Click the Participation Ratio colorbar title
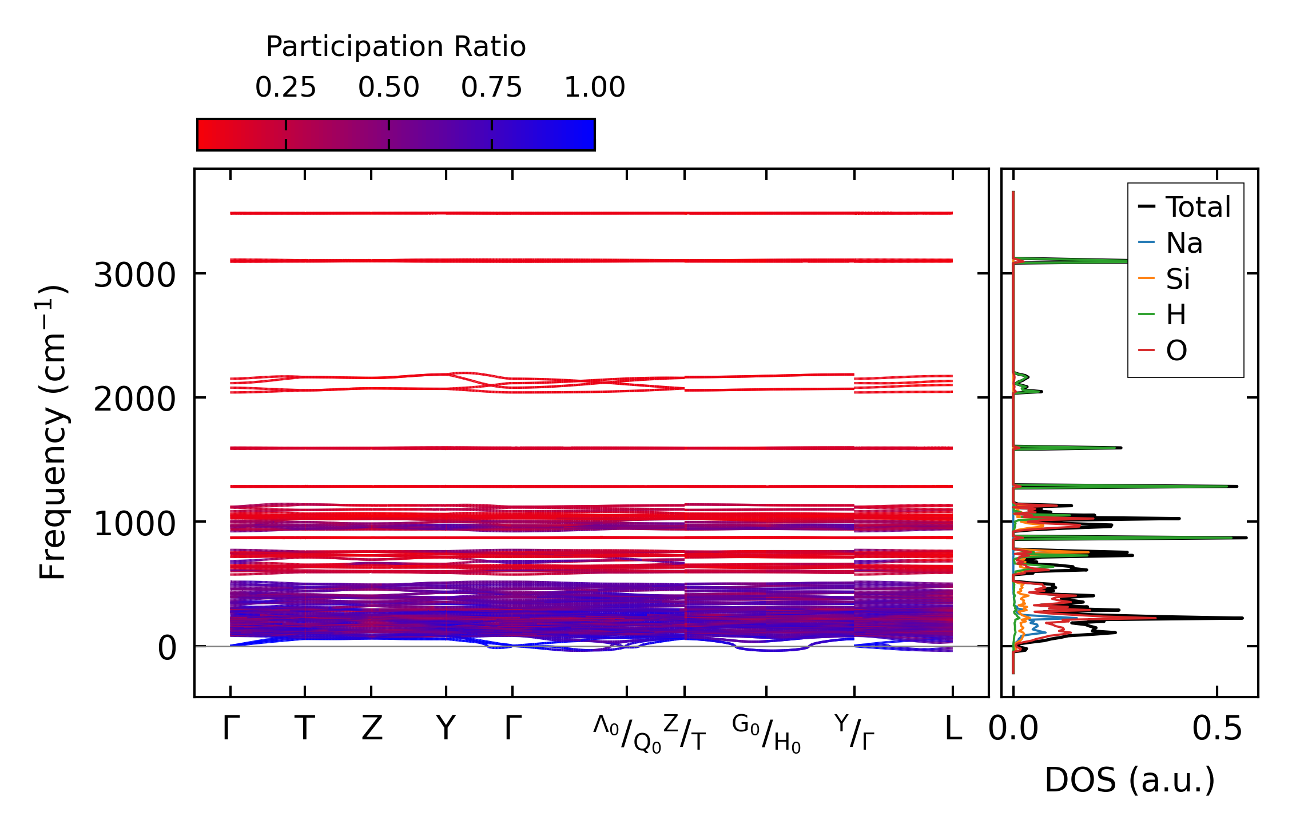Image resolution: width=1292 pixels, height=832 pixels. (x=396, y=47)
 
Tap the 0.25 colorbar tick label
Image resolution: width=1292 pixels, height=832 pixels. (x=285, y=87)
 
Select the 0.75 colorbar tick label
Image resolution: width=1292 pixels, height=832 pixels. (x=491, y=87)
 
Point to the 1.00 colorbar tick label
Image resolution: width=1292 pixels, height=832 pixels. (x=594, y=87)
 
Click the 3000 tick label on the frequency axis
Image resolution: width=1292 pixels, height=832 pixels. (x=134, y=276)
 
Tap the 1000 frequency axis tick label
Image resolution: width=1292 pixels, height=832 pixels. (x=134, y=524)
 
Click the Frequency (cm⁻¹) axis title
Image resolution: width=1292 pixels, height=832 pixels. (x=53, y=432)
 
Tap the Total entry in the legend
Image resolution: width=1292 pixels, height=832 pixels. (x=1198, y=207)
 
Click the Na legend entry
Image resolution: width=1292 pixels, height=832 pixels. (x=1184, y=244)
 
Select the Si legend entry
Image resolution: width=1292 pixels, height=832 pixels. (x=1178, y=280)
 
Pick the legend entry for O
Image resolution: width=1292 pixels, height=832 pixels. (x=1176, y=351)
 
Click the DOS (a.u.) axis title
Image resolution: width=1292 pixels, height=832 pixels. (x=1130, y=781)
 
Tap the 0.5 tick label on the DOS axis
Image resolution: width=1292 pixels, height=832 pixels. (x=1217, y=729)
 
